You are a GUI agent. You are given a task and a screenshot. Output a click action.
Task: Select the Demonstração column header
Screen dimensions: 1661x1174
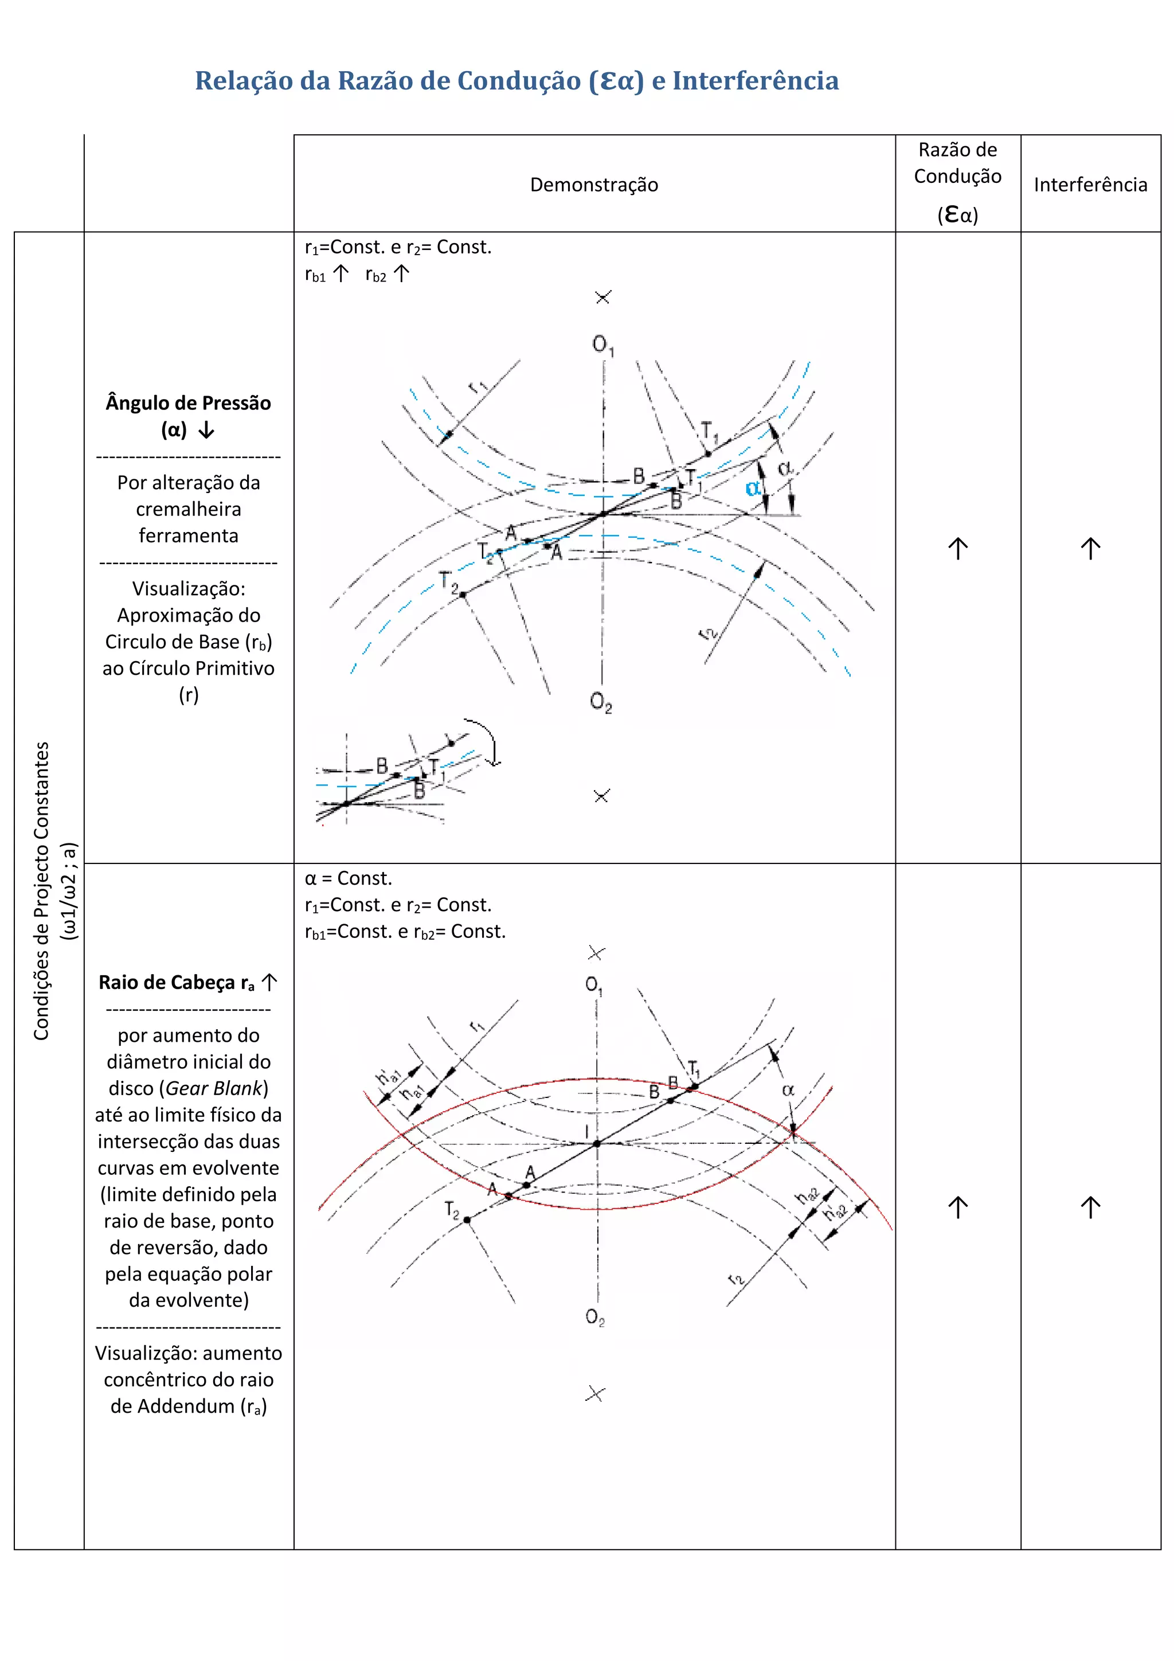(x=594, y=185)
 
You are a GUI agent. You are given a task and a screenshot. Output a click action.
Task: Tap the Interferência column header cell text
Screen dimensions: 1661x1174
(x=1090, y=185)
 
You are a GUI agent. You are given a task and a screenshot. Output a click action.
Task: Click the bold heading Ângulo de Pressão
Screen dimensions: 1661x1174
(x=188, y=403)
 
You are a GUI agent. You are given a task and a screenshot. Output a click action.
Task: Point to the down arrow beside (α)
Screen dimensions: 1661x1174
(x=207, y=431)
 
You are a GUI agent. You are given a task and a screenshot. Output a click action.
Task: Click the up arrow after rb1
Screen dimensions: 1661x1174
(x=341, y=273)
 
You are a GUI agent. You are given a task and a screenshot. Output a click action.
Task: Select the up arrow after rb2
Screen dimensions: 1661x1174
(x=401, y=273)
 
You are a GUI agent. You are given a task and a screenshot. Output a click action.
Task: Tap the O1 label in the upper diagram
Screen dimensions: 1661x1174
(x=602, y=345)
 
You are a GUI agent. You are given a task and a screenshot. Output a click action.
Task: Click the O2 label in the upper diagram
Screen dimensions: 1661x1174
(x=600, y=702)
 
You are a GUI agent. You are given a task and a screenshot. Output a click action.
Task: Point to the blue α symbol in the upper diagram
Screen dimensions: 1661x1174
(x=753, y=488)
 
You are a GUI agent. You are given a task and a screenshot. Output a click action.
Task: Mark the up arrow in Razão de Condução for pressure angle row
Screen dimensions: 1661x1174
(x=958, y=548)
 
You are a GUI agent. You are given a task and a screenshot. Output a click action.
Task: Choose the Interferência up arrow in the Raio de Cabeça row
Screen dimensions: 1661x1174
(x=1090, y=1207)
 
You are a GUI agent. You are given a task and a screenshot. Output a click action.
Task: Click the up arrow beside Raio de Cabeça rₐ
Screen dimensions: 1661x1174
(x=270, y=982)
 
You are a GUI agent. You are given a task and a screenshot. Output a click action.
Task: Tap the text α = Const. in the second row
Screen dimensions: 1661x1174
(x=348, y=878)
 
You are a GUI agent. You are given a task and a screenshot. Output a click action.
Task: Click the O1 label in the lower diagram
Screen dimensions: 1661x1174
(x=594, y=986)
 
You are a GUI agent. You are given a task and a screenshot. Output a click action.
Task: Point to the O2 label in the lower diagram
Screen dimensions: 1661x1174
(x=594, y=1316)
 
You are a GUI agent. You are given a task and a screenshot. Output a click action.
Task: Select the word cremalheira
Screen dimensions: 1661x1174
(x=188, y=509)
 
